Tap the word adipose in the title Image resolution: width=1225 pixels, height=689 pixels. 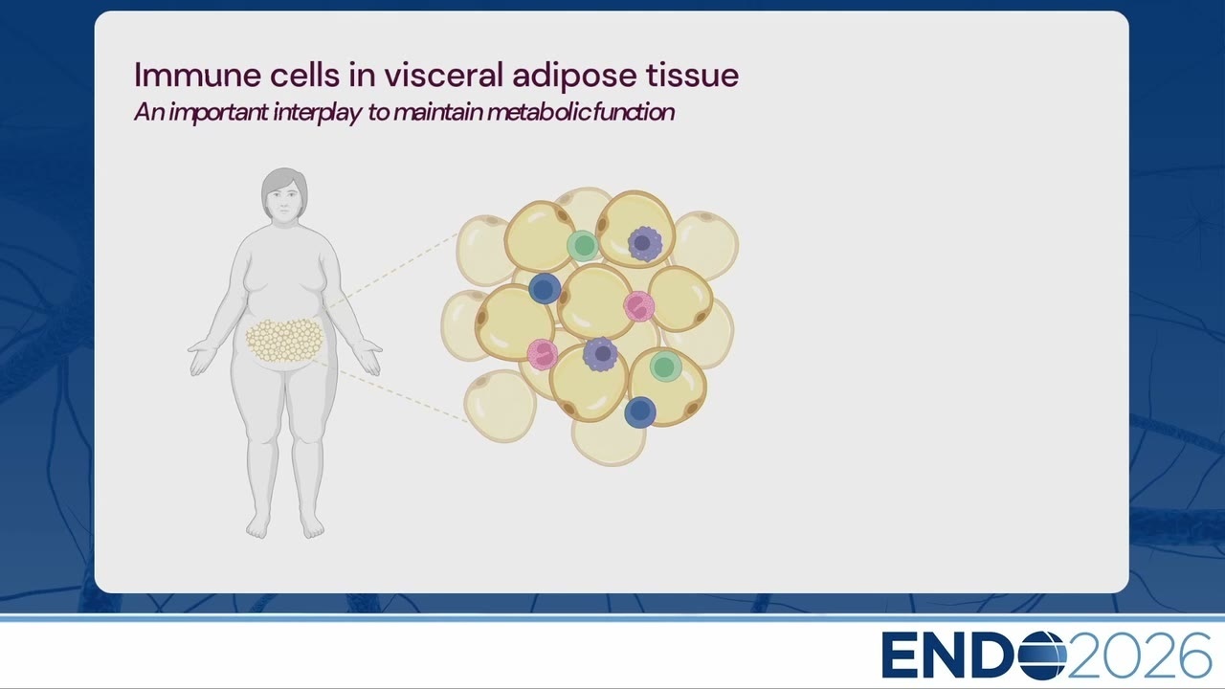575,77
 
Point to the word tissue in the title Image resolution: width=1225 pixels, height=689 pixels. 693,75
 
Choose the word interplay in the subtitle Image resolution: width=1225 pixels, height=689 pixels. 317,113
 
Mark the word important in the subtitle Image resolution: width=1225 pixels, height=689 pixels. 219,113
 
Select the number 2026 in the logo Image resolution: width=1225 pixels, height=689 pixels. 1138,656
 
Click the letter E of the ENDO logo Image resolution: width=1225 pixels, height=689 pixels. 900,656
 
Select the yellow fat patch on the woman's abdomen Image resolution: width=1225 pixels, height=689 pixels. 284,341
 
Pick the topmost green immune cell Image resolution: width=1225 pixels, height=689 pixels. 583,246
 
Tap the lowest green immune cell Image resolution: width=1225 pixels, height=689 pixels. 665,367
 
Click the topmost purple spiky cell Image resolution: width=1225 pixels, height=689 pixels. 645,243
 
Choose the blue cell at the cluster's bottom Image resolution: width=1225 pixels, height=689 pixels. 640,411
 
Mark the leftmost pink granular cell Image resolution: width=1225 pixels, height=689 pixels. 543,354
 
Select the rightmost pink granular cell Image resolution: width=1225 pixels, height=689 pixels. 639,306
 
